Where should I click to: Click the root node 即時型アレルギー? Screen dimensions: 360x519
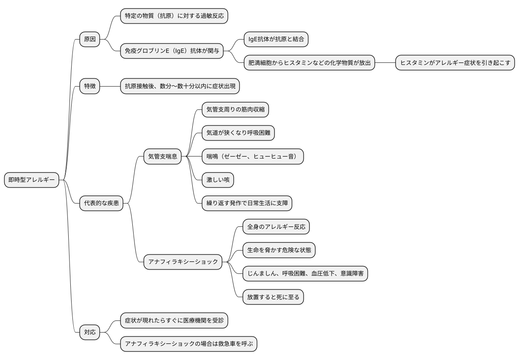click(32, 180)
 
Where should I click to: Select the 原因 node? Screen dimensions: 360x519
click(90, 40)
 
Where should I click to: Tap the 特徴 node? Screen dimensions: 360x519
click(90, 86)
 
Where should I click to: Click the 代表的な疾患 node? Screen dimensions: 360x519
click(102, 204)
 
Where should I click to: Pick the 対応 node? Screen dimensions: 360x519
click(90, 332)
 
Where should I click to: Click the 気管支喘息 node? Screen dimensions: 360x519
click(163, 156)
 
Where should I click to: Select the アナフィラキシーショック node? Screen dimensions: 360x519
click(183, 262)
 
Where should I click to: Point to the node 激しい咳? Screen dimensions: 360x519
click(218, 180)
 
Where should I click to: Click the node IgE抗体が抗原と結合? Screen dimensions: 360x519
click(276, 40)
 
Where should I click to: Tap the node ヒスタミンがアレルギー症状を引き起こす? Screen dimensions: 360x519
click(455, 63)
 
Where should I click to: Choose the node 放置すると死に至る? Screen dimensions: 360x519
click(273, 297)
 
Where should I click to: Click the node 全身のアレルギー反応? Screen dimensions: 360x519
click(276, 227)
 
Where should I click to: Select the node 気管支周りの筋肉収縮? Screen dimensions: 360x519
click(235, 110)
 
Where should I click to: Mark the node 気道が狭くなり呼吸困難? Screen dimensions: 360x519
click(238, 133)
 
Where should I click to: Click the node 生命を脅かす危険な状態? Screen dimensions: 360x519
click(279, 250)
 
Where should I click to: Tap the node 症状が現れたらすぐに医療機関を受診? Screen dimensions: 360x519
click(174, 320)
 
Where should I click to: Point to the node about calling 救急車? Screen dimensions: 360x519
click(191, 344)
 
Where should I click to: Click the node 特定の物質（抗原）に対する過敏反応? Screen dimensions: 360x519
click(174, 16)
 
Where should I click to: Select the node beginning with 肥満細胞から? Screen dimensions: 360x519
click(309, 63)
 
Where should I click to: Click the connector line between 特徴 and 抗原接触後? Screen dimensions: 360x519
click(110, 86)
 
